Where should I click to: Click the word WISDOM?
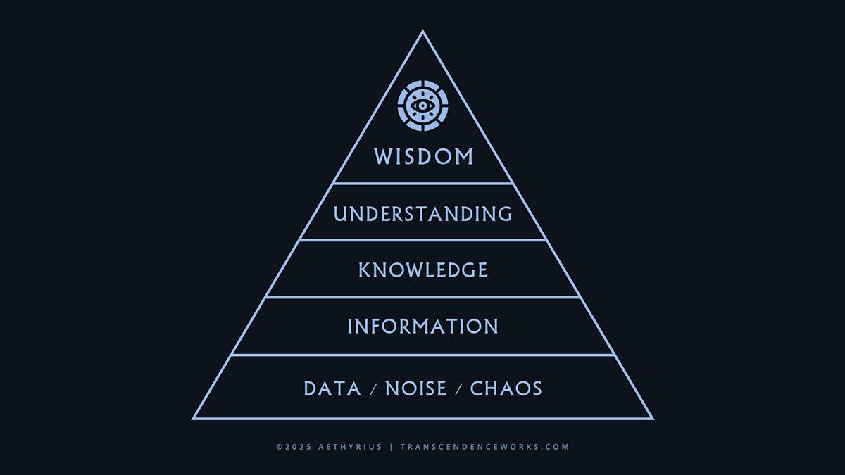click(x=423, y=156)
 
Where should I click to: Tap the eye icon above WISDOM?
click(x=423, y=106)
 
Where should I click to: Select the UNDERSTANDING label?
click(x=423, y=213)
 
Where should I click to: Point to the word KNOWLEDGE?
click(x=423, y=270)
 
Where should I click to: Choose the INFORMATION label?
click(x=423, y=327)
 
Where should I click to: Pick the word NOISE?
click(x=415, y=388)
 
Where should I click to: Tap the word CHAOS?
click(x=506, y=388)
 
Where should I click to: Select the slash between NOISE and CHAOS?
click(x=458, y=389)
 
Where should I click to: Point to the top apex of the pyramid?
click(x=423, y=31)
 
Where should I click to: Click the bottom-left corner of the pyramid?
click(x=193, y=419)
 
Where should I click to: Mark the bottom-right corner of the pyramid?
click(x=653, y=419)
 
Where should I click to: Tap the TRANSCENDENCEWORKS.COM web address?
click(x=484, y=447)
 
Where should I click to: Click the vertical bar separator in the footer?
click(x=392, y=447)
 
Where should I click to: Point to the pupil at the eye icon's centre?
click(x=423, y=106)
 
